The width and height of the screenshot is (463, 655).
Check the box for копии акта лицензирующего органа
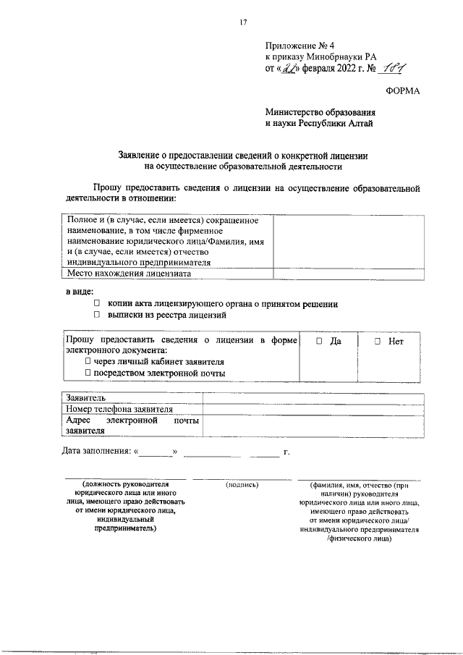95,305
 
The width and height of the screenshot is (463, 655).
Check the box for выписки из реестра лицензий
95,316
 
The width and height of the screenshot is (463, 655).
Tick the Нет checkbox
377,341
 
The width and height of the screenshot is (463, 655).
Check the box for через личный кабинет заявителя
88,361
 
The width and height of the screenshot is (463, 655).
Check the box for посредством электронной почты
88,373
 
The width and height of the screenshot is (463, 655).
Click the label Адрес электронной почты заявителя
132,425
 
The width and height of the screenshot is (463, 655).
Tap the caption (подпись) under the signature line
242,486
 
